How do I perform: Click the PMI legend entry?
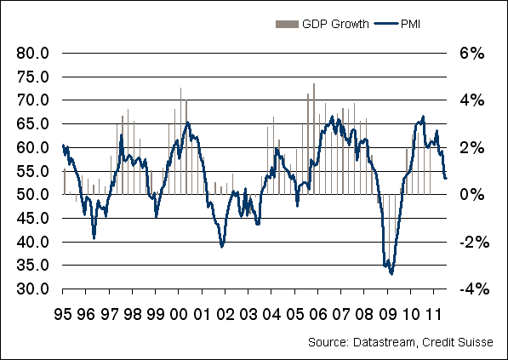(x=407, y=24)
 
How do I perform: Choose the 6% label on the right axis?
(x=471, y=53)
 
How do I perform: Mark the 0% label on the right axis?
(x=471, y=195)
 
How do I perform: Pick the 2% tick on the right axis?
(x=471, y=147)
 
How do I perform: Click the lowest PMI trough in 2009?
(x=391, y=274)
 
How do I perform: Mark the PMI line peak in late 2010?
(x=423, y=117)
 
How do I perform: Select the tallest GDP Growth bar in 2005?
(x=314, y=83)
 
